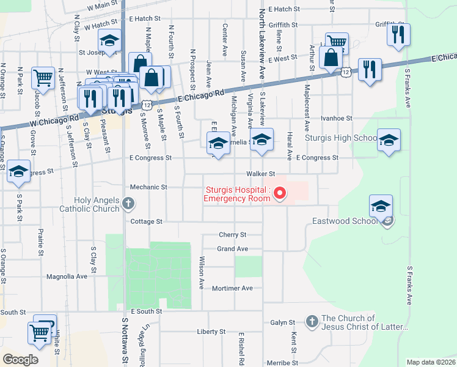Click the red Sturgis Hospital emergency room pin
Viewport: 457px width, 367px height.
click(x=280, y=194)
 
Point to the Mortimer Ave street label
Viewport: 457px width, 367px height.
click(x=232, y=288)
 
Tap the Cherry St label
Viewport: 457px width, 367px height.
click(x=232, y=234)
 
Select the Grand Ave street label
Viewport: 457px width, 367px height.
click(x=233, y=249)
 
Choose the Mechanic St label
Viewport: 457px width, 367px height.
click(x=148, y=187)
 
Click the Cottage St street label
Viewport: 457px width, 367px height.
click(x=146, y=221)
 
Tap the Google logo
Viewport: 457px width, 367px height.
click(x=20, y=359)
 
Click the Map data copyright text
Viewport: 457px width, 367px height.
click(x=431, y=362)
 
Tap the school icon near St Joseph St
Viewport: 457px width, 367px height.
click(x=110, y=41)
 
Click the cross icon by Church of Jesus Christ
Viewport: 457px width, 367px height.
click(x=312, y=321)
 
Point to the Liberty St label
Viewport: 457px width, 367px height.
click(x=211, y=332)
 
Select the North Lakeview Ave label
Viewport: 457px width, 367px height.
click(x=261, y=43)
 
